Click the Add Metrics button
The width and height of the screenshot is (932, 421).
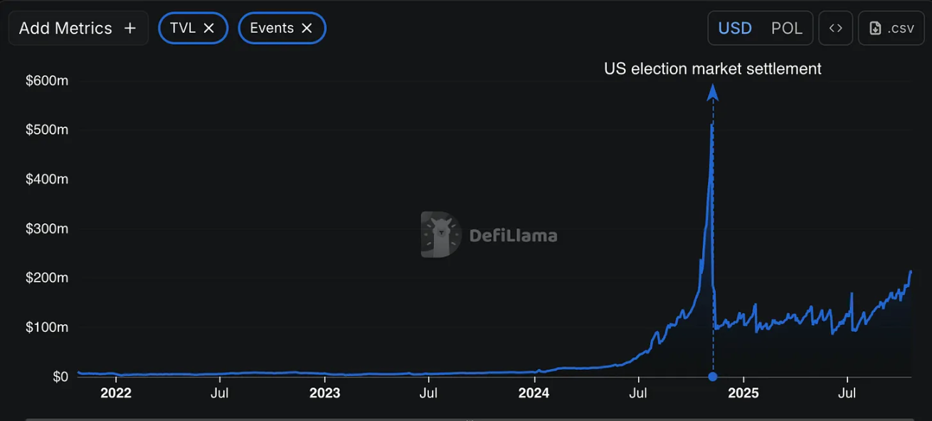[78, 28]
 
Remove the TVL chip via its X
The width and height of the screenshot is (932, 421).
[209, 28]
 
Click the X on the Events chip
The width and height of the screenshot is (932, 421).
[307, 28]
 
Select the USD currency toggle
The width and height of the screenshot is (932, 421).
[735, 28]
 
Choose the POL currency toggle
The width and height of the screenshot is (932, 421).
[787, 28]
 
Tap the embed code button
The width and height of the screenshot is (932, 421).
[836, 28]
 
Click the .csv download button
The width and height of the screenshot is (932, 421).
[891, 28]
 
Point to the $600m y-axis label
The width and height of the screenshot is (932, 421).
[47, 81]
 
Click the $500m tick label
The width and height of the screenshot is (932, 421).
[47, 130]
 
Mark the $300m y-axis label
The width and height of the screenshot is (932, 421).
[47, 229]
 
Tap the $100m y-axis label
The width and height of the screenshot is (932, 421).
[47, 327]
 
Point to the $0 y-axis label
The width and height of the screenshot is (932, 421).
[60, 376]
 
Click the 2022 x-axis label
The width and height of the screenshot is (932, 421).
[116, 393]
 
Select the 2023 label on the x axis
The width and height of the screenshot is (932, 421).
[325, 393]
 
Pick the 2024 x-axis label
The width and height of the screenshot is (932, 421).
[534, 393]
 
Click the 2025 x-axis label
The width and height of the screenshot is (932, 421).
[743, 393]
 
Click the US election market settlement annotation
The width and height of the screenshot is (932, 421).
[712, 69]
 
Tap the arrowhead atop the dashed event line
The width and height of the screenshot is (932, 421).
[713, 92]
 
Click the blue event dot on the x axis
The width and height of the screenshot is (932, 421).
[713, 376]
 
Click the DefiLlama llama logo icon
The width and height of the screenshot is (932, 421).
[441, 234]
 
